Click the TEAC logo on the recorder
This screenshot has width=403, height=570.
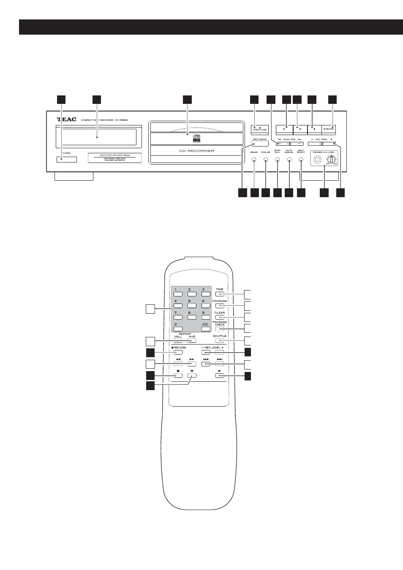point(67,119)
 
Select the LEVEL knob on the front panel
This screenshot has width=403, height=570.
point(332,160)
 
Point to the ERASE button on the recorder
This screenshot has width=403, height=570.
point(254,160)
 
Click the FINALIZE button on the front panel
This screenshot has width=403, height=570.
point(266,160)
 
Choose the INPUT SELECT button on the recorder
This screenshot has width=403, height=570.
point(301,160)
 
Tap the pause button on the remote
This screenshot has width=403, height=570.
point(191,375)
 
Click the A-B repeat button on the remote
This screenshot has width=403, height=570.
point(191,340)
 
